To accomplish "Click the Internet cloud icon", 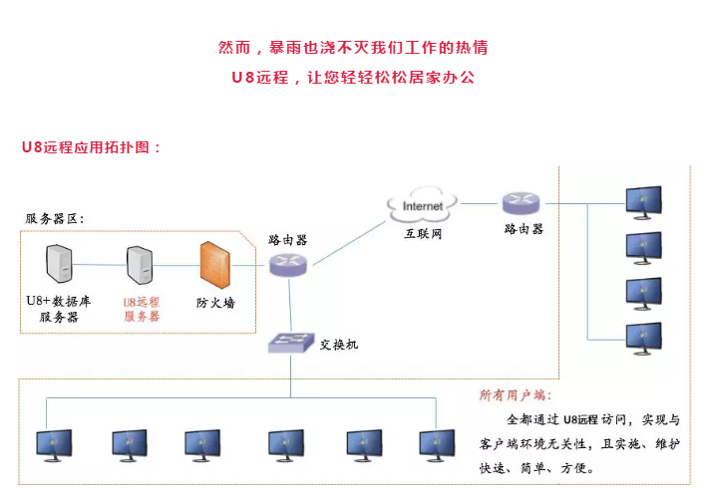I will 422,206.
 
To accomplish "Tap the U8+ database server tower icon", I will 61,264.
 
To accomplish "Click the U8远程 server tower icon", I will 140,265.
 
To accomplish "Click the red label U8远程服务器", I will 142,309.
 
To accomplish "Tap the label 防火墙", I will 215,302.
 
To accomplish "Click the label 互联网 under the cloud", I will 422,234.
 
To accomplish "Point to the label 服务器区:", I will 55,219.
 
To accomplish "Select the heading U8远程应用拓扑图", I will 91,146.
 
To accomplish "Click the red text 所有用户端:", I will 515,395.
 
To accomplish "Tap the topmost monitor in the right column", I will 642,201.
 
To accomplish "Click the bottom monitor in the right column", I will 642,339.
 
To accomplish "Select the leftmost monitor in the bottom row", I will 54,444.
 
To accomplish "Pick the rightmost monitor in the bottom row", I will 437,444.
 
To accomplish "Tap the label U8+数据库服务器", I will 59,309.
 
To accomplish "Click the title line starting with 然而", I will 352,47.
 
